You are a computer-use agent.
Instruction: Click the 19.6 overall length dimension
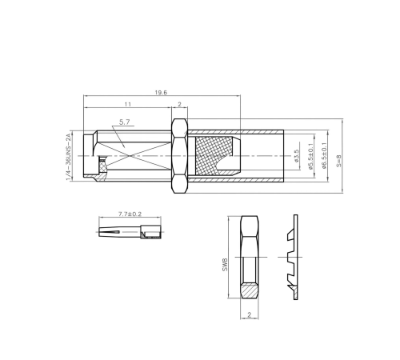[161, 93]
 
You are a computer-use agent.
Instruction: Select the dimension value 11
[128, 104]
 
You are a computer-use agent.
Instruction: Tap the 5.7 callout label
[124, 122]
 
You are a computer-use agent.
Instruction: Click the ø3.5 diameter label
[297, 156]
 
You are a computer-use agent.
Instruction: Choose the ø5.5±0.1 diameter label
[310, 156]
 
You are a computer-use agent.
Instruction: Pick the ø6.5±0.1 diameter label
[324, 156]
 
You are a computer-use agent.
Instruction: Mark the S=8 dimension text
[338, 161]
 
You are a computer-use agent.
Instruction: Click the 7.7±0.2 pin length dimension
[130, 214]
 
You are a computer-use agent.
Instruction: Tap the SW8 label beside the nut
[225, 265]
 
